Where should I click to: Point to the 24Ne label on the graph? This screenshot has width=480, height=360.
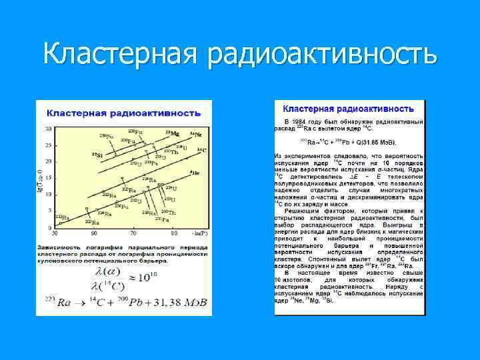click(196, 134)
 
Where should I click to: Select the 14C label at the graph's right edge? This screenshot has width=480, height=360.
click(201, 150)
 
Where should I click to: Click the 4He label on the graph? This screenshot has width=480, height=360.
click(194, 173)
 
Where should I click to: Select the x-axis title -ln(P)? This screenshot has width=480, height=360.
click(198, 233)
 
